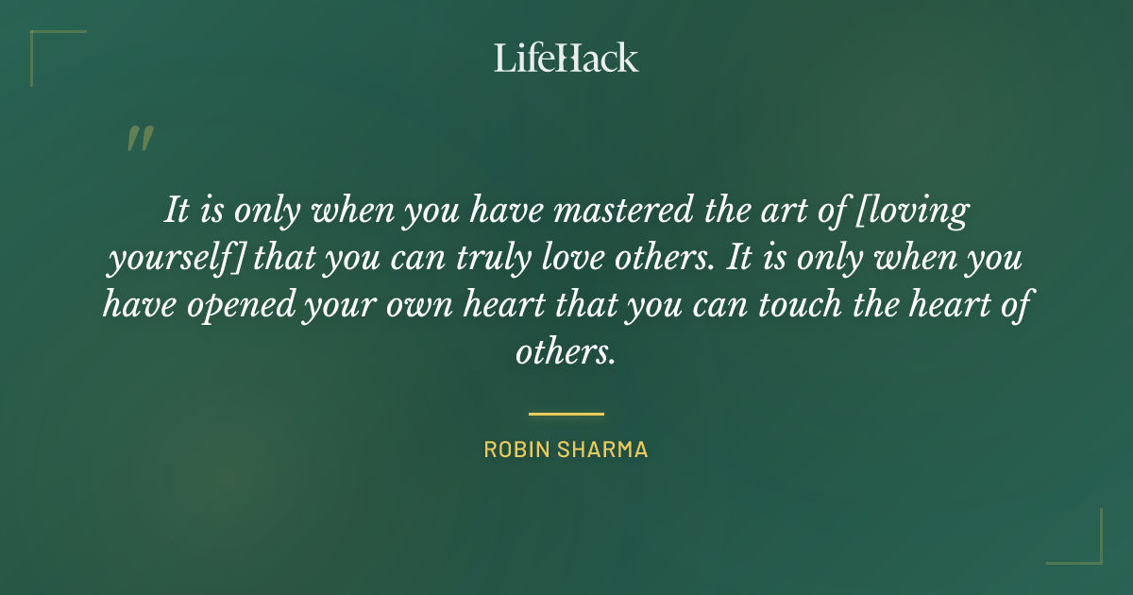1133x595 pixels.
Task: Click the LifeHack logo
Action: [566, 58]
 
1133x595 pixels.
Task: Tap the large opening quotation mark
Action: [139, 140]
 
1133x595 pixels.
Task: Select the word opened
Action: [238, 306]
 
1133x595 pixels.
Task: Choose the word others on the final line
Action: [566, 353]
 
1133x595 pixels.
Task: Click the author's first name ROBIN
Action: [516, 450]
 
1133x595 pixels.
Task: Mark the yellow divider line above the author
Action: [566, 414]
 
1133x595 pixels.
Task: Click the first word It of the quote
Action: [175, 210]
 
